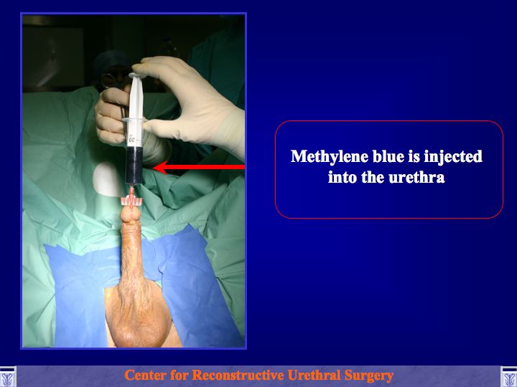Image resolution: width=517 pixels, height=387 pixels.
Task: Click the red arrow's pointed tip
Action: tap(154, 167)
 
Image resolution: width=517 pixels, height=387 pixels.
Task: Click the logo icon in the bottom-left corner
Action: tap(8, 377)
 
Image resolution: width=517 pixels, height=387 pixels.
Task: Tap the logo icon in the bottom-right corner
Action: tap(509, 377)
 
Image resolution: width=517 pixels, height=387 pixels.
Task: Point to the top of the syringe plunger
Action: tap(136, 75)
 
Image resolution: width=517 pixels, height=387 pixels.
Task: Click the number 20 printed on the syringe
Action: tap(132, 140)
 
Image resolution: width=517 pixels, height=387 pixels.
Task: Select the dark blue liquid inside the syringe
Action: tap(134, 165)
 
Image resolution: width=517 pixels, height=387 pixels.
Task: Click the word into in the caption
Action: tap(342, 178)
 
